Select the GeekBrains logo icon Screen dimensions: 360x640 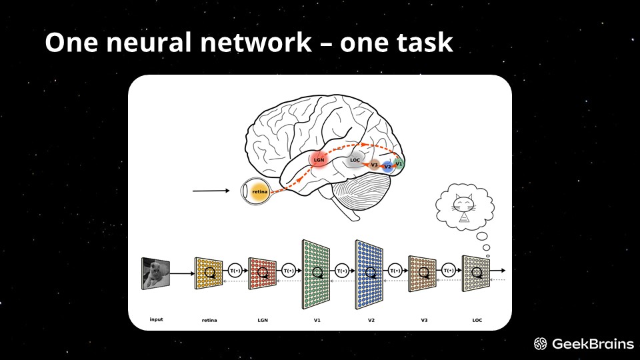[x=541, y=344]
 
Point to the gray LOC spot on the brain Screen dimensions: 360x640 [x=355, y=160]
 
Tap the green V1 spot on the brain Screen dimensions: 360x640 [x=399, y=163]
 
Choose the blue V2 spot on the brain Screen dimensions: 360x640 [x=387, y=167]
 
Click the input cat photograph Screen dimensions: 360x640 [x=155, y=273]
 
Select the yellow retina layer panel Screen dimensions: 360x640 [x=208, y=273]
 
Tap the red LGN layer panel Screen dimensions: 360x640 [x=262, y=273]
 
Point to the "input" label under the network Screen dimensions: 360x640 [x=156, y=319]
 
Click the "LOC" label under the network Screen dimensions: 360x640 [x=477, y=320]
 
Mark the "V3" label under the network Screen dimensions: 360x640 [x=424, y=320]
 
